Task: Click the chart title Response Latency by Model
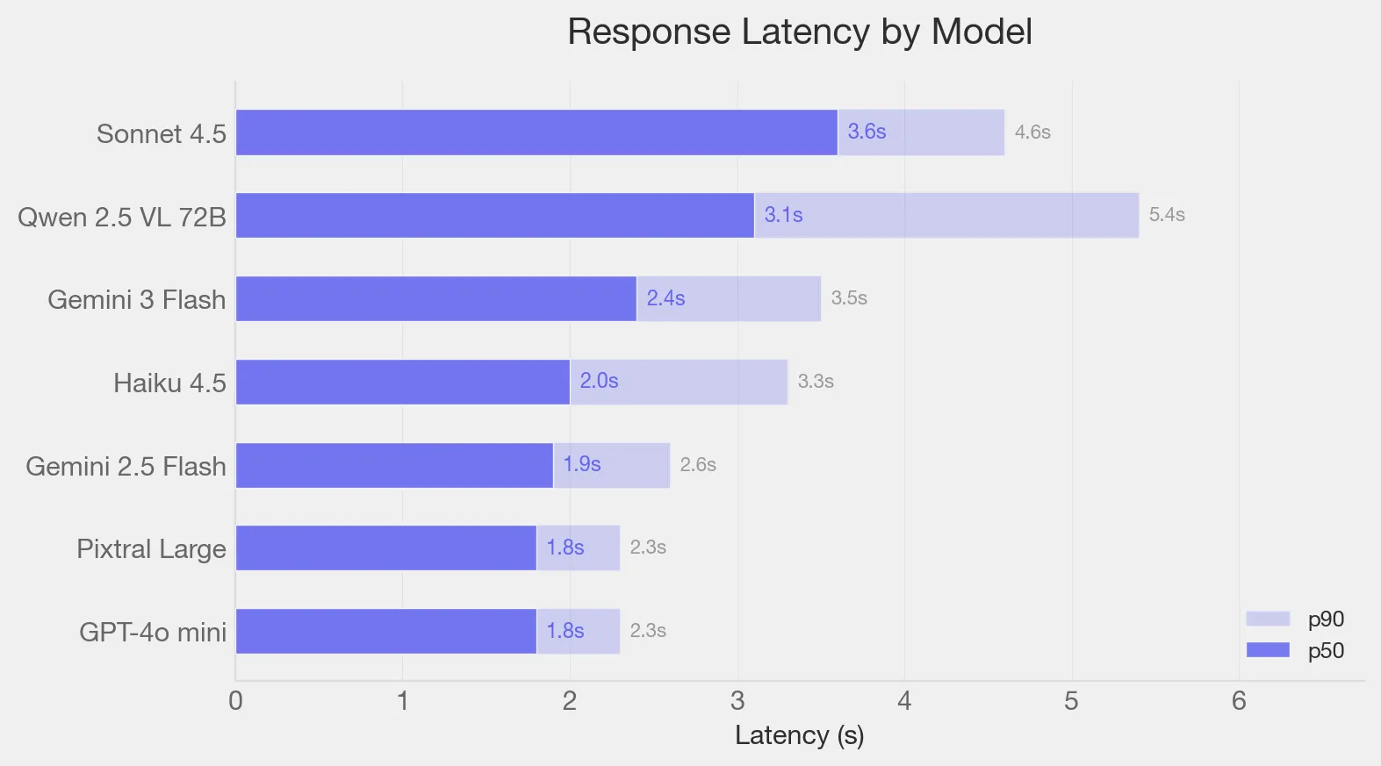click(799, 32)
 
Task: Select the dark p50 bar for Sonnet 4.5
click(536, 132)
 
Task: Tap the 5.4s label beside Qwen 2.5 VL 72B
click(1166, 215)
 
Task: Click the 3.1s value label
click(783, 215)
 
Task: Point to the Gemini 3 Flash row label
click(136, 300)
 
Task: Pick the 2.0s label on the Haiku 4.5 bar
click(599, 381)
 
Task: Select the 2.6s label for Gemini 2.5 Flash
click(698, 465)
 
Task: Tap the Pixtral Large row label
click(151, 549)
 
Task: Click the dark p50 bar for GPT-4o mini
click(386, 631)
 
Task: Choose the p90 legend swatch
click(1267, 619)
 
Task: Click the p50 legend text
click(1326, 651)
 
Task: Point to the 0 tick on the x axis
click(235, 701)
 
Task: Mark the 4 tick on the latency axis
click(904, 701)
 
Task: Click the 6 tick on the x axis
click(1239, 701)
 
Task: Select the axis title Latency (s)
click(799, 735)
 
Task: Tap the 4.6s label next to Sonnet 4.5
click(1032, 132)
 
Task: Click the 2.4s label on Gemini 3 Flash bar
click(665, 298)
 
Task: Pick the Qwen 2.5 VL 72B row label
click(122, 218)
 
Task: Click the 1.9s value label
click(581, 464)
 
